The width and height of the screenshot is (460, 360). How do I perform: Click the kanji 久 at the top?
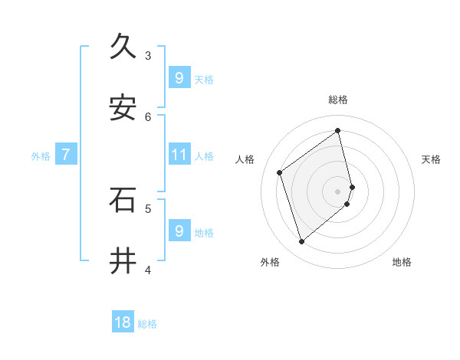(x=123, y=47)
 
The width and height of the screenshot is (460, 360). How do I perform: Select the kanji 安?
(x=123, y=108)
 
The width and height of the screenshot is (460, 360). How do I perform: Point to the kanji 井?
(x=123, y=260)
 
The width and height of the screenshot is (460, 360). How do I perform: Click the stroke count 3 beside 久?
(x=148, y=55)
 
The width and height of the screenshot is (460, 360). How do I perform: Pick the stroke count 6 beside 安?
(x=148, y=116)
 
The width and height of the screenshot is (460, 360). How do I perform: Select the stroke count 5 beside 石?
(x=148, y=208)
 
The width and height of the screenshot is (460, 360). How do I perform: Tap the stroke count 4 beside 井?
(x=148, y=269)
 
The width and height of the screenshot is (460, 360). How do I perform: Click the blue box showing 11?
(x=179, y=155)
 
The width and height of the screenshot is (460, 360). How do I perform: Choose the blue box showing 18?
(x=123, y=322)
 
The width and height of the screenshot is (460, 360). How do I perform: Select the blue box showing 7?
(x=66, y=155)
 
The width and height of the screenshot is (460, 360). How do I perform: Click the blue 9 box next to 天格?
(x=179, y=77)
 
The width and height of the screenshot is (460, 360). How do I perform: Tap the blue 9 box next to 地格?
(x=179, y=231)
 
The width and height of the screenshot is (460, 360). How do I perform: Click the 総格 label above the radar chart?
(x=338, y=100)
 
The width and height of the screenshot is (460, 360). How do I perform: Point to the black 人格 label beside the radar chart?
(x=245, y=159)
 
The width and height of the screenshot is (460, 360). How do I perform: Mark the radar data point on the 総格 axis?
(x=338, y=129)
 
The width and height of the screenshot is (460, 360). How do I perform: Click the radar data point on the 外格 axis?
(x=301, y=242)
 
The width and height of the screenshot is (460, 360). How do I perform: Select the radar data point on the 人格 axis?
(x=280, y=172)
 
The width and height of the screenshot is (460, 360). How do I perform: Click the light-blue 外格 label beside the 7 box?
(x=41, y=155)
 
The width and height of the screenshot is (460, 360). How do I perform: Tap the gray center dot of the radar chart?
(x=338, y=191)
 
